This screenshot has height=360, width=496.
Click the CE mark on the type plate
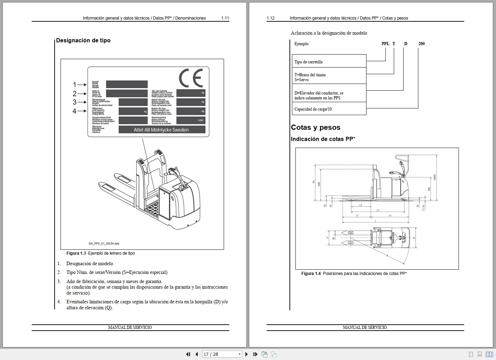[x=191, y=78]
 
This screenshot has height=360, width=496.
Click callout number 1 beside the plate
[x=75, y=85]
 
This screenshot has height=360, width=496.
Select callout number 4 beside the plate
[x=75, y=111]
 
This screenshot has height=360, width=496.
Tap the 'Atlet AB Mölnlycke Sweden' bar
[x=161, y=130]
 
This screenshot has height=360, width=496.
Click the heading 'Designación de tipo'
[x=83, y=40]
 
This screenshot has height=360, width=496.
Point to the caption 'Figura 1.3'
[x=76, y=253]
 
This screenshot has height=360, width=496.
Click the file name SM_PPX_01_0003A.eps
[x=104, y=243]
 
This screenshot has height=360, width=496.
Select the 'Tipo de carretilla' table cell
[x=308, y=62]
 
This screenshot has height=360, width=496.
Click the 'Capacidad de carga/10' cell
[x=313, y=109]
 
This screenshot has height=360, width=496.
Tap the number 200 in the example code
[x=421, y=44]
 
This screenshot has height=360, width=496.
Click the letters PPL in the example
[x=385, y=44]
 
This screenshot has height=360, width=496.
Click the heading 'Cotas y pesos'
[x=315, y=127]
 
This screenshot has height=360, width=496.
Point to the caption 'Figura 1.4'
[x=311, y=274]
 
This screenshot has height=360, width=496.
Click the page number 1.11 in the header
[x=225, y=18]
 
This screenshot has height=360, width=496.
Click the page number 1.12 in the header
[x=271, y=18]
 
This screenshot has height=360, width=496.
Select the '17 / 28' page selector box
[x=222, y=354]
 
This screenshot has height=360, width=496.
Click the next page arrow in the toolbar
[x=246, y=354]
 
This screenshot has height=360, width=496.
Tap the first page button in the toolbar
[x=188, y=354]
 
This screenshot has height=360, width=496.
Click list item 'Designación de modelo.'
[x=90, y=264]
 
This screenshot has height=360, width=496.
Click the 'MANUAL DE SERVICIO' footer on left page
[x=130, y=327]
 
